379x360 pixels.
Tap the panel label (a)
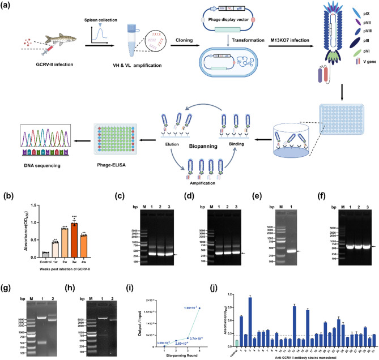8,6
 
